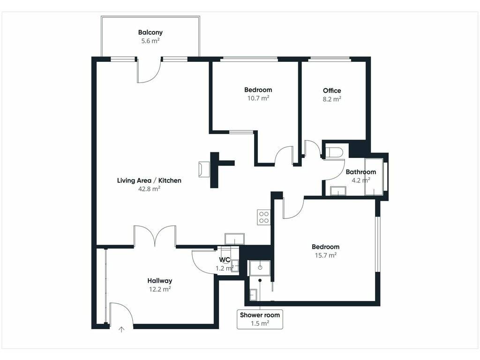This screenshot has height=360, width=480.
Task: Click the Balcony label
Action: point(150,32)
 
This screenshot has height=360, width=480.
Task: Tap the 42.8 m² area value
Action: point(149,189)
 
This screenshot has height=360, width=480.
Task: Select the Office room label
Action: point(332,90)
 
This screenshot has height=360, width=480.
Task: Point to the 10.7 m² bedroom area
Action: point(258,98)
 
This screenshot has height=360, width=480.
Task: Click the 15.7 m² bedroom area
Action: point(326,255)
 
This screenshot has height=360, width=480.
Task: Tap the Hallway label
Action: point(160,281)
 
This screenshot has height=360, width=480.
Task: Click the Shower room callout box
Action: point(260,319)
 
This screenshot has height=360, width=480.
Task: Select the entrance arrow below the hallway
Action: point(122,330)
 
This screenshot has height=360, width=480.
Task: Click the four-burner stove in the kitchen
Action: point(263,217)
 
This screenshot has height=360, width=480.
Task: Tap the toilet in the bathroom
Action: point(334,152)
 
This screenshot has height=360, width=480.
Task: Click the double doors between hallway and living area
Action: point(155,236)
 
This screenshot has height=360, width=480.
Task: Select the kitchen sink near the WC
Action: point(234,239)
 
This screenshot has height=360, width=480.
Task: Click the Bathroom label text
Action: point(360,172)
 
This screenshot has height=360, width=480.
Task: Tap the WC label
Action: point(225,260)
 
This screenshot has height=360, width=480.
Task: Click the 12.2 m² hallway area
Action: point(160,289)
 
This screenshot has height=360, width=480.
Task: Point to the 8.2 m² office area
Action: point(332,99)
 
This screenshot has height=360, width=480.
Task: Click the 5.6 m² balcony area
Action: point(150,41)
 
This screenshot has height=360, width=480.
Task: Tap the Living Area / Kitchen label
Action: point(149,180)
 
